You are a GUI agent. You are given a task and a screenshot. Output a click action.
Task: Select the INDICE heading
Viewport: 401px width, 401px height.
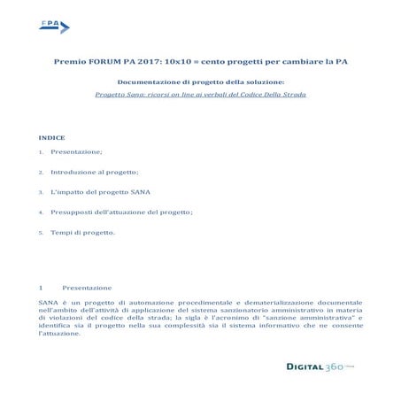[52, 139]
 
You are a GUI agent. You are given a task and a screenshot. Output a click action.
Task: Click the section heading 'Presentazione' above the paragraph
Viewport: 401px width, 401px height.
[87, 289]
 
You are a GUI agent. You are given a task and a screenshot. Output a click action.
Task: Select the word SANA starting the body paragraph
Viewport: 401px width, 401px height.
[48, 303]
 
